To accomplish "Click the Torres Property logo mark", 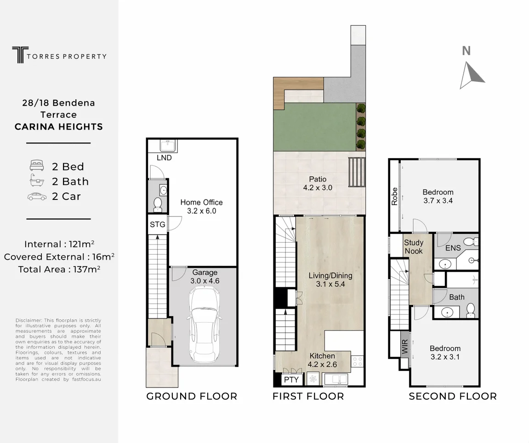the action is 20,55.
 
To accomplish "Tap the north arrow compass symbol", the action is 471,75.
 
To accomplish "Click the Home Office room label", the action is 201,206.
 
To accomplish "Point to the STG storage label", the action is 158,224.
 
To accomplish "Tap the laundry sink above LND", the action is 168,146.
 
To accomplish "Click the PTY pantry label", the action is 291,380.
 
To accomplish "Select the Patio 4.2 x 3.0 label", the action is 318,183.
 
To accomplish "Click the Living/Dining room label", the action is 330,280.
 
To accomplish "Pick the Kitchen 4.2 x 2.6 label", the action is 322,360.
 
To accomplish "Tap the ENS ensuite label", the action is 453,248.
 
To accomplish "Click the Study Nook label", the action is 414,247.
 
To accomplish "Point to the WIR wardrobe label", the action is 405,346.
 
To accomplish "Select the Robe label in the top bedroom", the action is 394,196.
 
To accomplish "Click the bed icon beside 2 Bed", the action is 37,165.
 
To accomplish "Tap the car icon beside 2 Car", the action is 37,196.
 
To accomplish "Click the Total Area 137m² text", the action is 59,269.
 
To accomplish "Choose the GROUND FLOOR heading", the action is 192,396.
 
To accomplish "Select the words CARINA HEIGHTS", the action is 59,126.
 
